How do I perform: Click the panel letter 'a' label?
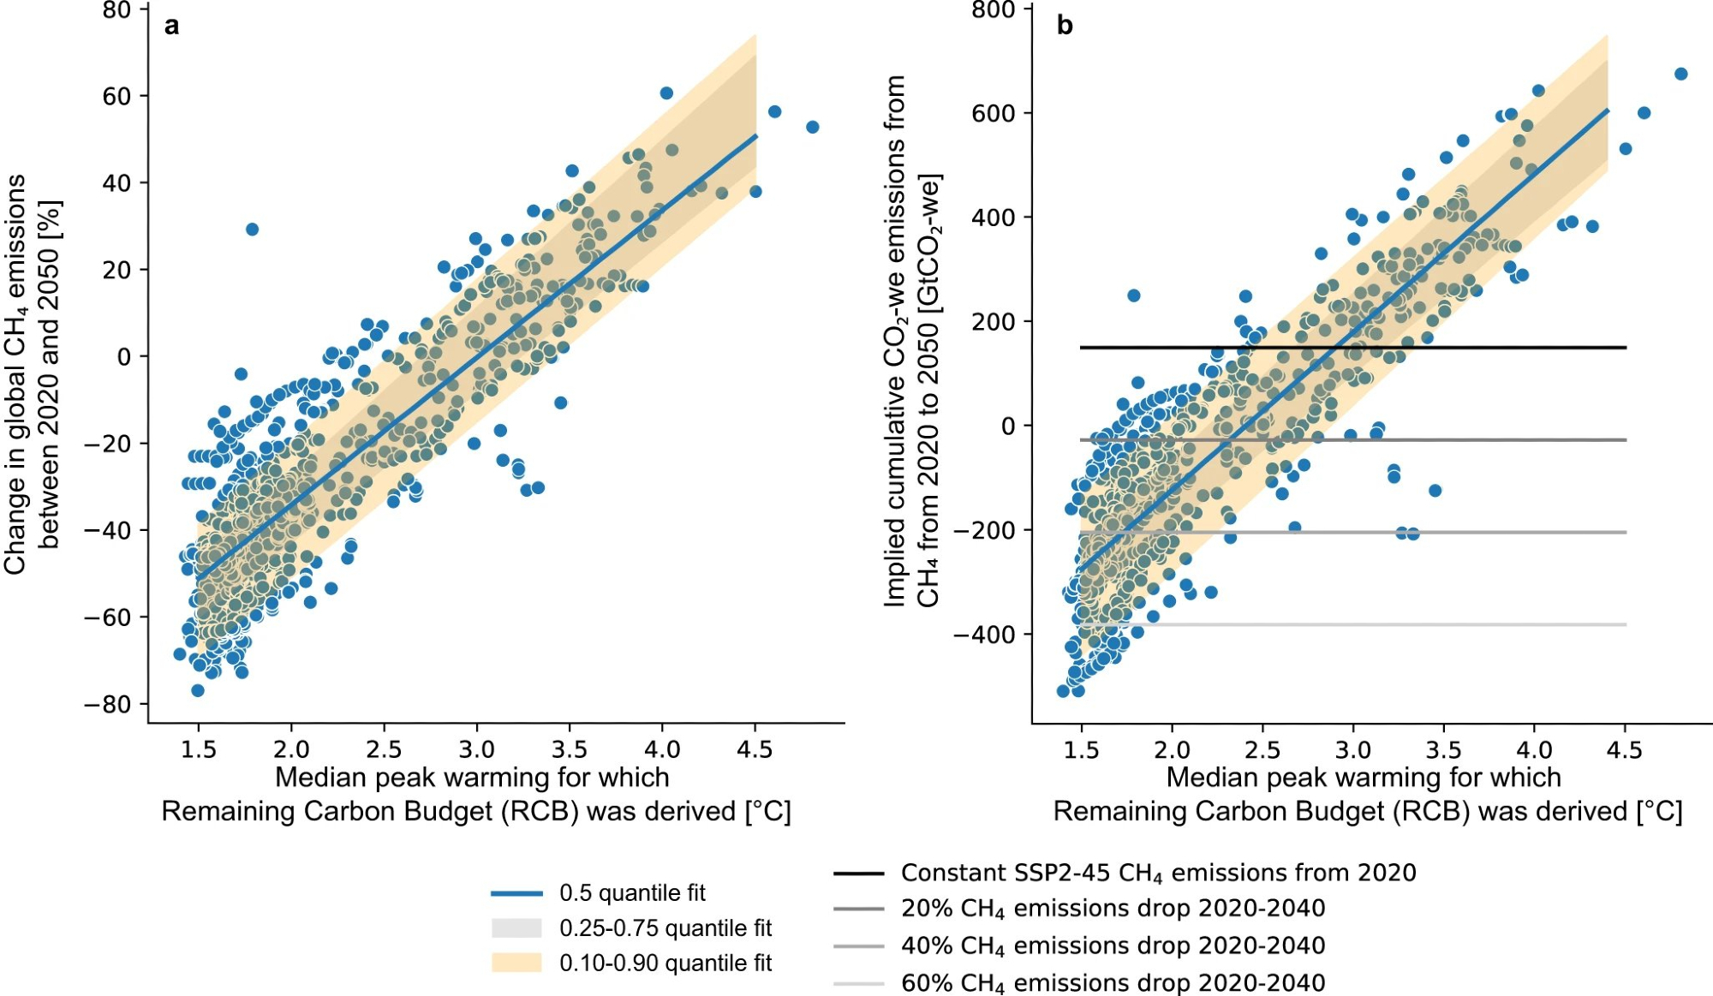(x=172, y=27)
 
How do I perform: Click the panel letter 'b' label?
(x=1065, y=26)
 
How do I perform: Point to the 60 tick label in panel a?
(x=116, y=97)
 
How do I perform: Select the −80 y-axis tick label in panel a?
(x=107, y=705)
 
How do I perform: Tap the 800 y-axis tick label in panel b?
(x=993, y=10)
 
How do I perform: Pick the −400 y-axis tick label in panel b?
(x=984, y=635)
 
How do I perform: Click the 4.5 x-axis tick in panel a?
(x=755, y=750)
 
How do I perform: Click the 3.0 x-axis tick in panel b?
(x=1353, y=750)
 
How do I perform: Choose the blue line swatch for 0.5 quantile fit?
(x=516, y=893)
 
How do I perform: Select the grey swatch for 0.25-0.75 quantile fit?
(x=516, y=928)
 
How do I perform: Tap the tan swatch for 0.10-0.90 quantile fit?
(x=516, y=963)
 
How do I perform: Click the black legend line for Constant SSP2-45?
(x=858, y=874)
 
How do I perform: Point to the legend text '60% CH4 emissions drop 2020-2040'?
(x=1113, y=983)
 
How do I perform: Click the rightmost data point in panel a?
(x=813, y=128)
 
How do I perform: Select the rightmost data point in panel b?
(x=1680, y=75)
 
